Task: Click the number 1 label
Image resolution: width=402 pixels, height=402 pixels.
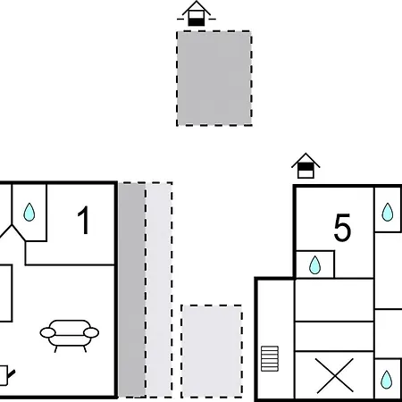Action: pos(84,220)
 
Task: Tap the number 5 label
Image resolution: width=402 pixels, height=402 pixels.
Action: pos(342,228)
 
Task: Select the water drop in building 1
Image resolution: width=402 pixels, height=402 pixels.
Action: pos(29,212)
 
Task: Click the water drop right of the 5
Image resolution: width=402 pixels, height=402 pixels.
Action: pos(388,212)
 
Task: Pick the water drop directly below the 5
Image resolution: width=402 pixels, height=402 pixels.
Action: pos(315,265)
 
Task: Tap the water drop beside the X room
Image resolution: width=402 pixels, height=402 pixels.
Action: pos(386,380)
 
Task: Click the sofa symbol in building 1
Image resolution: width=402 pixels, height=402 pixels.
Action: pos(70,336)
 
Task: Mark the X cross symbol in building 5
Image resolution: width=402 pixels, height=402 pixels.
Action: pos(334,376)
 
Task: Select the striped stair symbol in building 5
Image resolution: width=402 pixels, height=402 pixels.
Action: pos(270,358)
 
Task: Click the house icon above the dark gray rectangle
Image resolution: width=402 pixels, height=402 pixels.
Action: pos(197,13)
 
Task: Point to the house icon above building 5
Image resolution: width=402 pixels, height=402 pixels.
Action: pos(306,166)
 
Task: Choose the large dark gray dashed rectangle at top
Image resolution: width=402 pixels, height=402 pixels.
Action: pos(214,78)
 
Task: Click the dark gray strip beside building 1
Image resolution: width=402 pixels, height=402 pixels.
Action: pos(132,289)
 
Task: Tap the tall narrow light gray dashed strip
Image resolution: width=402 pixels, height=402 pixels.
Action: pos(159,289)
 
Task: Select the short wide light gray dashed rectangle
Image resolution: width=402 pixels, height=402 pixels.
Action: pos(212,351)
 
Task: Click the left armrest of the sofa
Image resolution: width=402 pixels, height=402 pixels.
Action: pos(47,332)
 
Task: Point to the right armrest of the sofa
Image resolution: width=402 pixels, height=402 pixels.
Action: pos(91,332)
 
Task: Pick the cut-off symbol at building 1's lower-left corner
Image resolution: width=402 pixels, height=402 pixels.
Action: pos(6,375)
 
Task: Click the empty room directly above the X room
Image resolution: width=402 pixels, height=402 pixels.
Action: pos(334,336)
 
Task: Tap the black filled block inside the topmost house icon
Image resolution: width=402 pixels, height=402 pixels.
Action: pos(197,22)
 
